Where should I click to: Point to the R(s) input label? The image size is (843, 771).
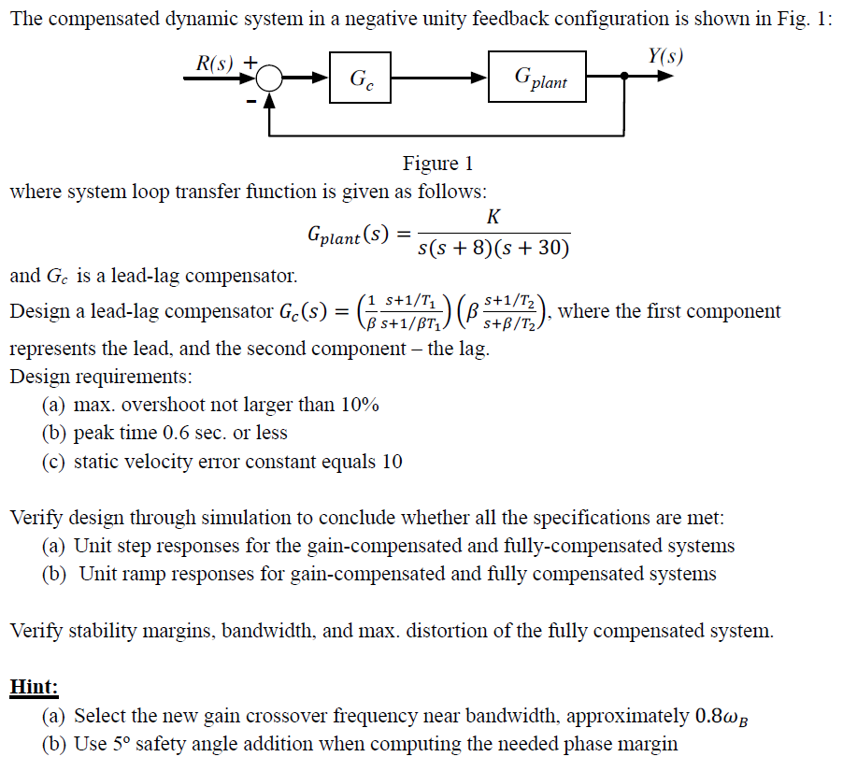215,63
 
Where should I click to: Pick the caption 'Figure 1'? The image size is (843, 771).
437,164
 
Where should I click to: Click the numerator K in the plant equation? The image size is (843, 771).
493,218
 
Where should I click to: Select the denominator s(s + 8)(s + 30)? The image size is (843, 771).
493,248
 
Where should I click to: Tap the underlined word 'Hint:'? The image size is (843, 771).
34,687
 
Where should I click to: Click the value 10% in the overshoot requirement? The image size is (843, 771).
358,405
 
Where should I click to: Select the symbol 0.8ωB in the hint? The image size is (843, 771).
724,717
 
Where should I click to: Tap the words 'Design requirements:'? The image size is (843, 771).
100,378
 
